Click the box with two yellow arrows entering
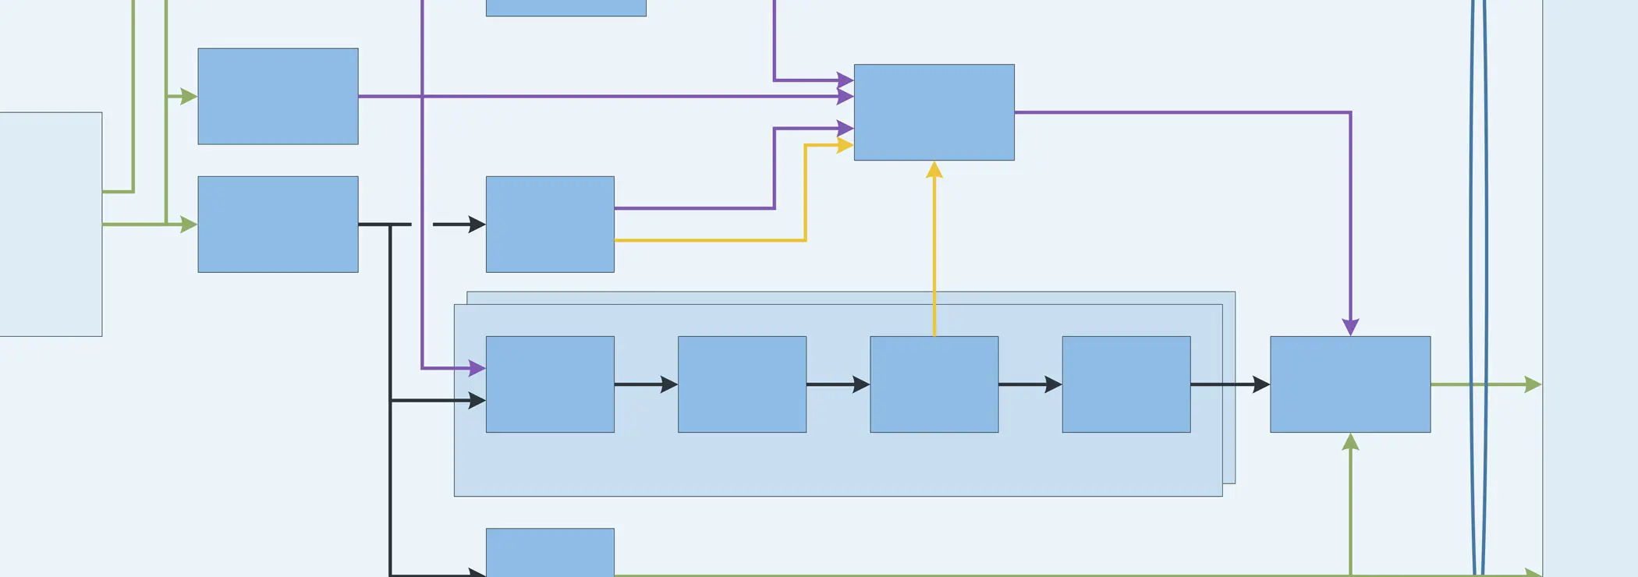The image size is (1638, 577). (x=934, y=112)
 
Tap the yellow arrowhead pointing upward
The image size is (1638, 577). (x=934, y=170)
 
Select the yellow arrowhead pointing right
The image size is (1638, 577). (x=845, y=145)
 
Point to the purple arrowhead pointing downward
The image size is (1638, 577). (x=1350, y=327)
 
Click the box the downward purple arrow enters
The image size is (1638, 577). (x=1350, y=384)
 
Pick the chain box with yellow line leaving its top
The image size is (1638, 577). (x=934, y=384)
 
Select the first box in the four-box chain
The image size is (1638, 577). (x=550, y=384)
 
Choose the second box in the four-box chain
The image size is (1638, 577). (x=742, y=384)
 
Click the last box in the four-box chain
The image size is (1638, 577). (x=1126, y=384)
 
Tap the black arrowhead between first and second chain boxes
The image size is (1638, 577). (x=669, y=384)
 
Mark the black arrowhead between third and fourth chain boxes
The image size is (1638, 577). (x=1053, y=384)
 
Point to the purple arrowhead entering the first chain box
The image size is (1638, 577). (x=477, y=368)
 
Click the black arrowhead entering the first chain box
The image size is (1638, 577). (x=477, y=401)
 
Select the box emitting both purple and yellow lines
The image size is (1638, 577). (x=550, y=224)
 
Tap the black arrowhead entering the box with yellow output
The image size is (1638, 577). (x=477, y=225)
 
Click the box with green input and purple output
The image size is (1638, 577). (x=278, y=96)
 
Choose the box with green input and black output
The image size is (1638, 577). (x=278, y=224)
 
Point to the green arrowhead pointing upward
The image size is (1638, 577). (x=1350, y=442)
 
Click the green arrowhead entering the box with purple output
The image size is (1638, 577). (x=189, y=97)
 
